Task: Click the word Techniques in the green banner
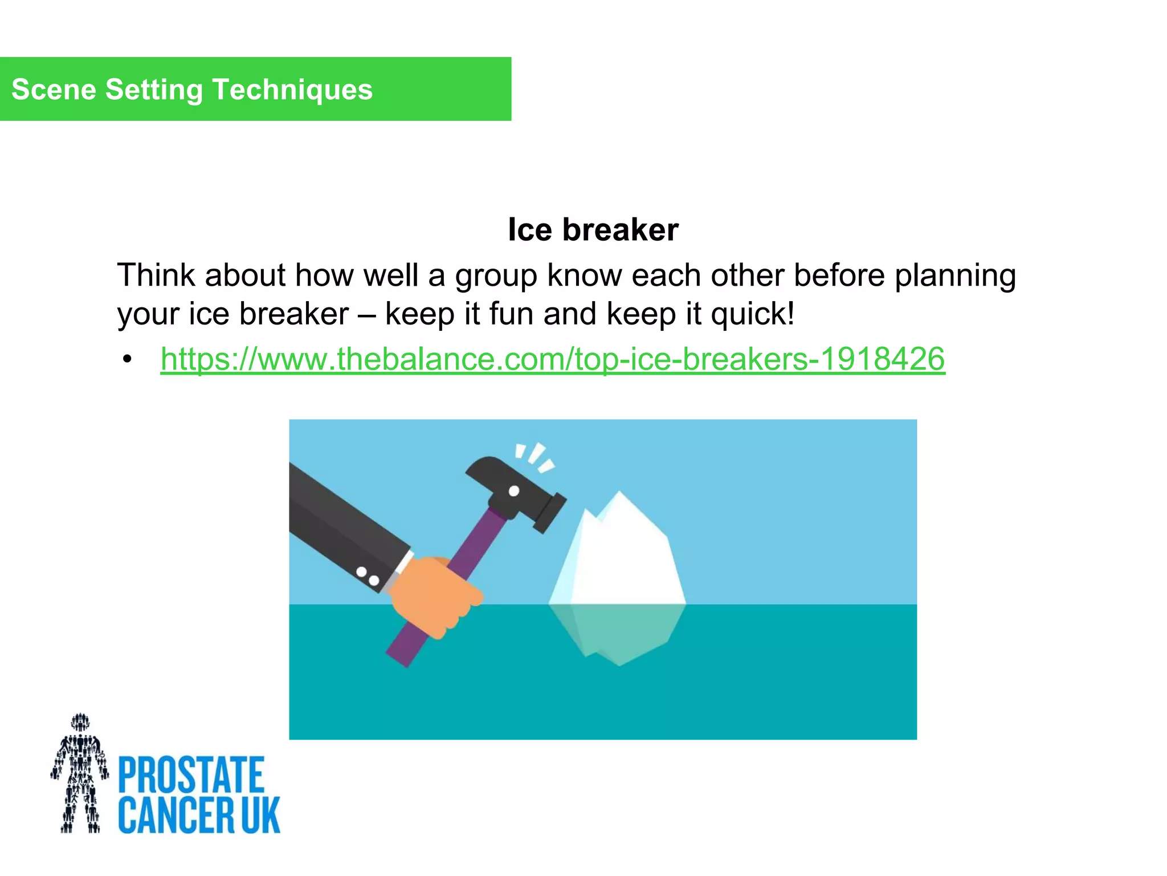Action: pos(292,90)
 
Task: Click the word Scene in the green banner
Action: pos(54,90)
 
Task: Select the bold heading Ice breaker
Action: pos(593,230)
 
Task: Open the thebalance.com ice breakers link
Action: pos(553,359)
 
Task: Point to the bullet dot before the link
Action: pos(127,360)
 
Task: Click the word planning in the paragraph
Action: pos(955,276)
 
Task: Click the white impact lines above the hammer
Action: pos(534,456)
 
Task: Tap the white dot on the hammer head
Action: pos(513,491)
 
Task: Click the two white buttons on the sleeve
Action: pos(368,576)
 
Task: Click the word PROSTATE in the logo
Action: pos(191,774)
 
